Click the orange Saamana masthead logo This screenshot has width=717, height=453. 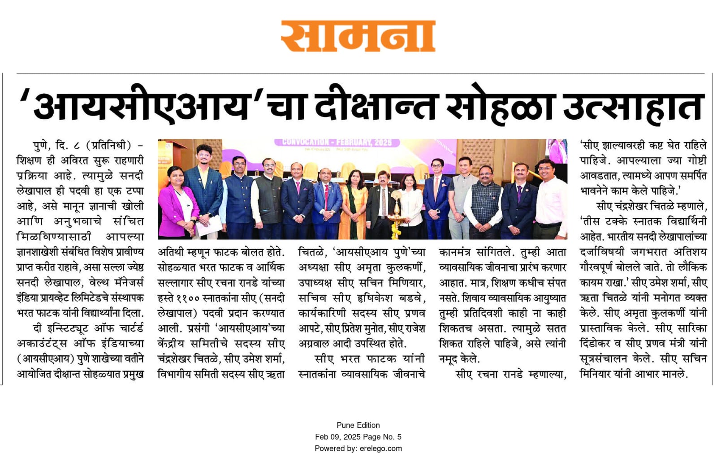click(x=358, y=36)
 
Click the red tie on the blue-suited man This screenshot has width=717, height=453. click(x=327, y=193)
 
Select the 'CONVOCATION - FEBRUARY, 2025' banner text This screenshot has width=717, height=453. click(x=337, y=142)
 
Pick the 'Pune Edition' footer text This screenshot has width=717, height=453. click(x=358, y=425)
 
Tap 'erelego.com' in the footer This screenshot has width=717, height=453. click(x=380, y=449)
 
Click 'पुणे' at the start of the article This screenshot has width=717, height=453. click(x=42, y=146)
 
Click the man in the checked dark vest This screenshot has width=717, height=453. click(x=486, y=202)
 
